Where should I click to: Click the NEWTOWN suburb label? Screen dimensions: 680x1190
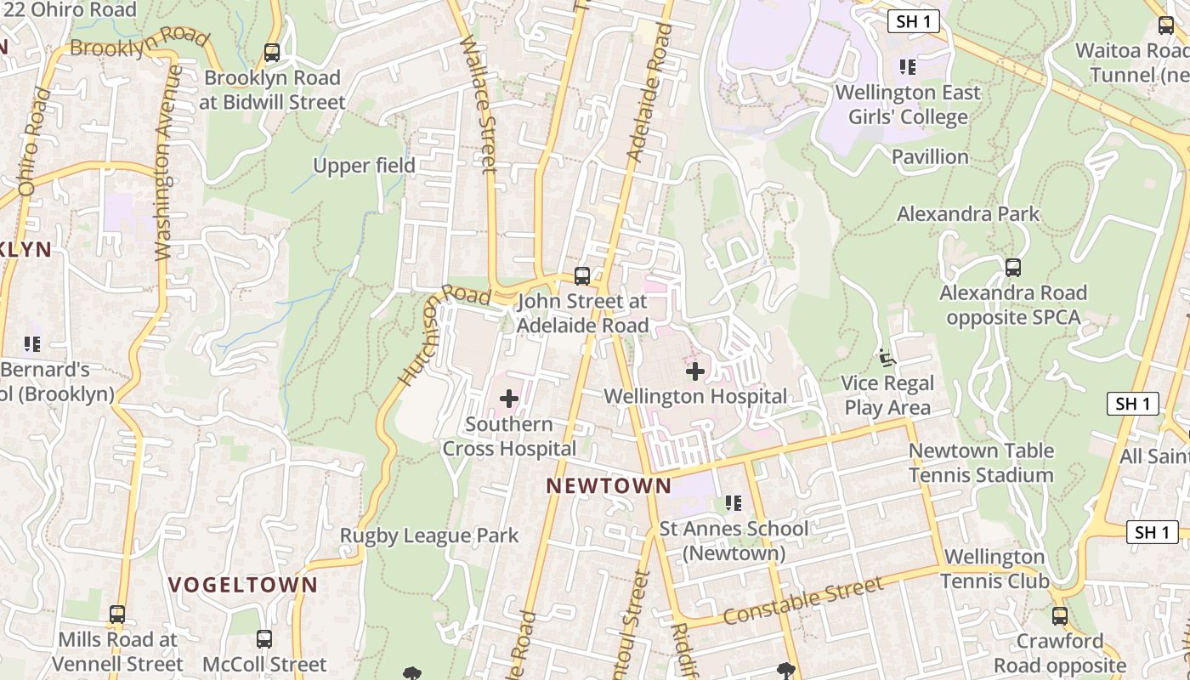point(609,486)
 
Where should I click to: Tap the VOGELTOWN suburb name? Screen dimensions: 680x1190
point(242,585)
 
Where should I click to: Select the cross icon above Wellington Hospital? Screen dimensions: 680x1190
point(695,371)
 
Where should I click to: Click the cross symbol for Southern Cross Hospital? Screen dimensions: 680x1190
point(509,399)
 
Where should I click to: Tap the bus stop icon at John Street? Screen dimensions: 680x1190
point(582,276)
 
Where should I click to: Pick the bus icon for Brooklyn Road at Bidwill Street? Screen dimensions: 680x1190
point(272,53)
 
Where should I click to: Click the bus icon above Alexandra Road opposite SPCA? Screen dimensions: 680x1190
point(1012,268)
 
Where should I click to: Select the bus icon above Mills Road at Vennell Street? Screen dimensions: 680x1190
point(117,615)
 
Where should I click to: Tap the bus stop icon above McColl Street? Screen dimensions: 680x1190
point(264,639)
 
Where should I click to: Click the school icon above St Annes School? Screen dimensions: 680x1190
point(734,503)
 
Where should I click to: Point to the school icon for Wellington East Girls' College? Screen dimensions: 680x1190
point(908,66)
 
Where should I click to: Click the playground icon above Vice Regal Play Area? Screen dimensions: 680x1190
point(887,358)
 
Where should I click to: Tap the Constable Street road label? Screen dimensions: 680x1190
point(803,601)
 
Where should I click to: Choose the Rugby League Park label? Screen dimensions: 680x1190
point(429,535)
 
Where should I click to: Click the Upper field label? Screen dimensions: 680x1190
point(364,166)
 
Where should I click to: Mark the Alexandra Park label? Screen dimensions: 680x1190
point(968,213)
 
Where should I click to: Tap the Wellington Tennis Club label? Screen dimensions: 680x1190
point(994,569)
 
